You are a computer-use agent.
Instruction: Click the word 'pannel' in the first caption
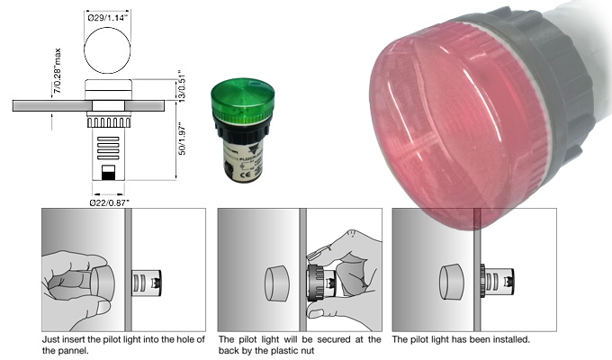tap(73, 351)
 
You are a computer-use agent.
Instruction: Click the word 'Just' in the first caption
tap(51, 340)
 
